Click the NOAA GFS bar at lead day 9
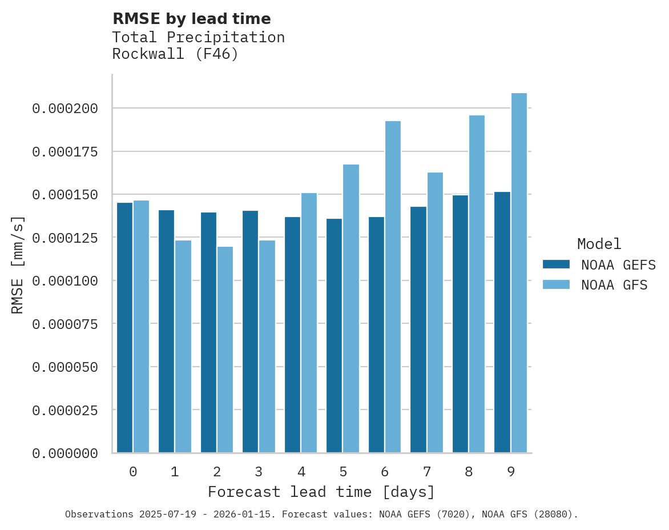[519, 272]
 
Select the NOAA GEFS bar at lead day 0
[124, 327]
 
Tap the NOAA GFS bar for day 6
[393, 287]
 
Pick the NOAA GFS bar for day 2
[225, 350]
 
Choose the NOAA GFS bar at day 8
[477, 284]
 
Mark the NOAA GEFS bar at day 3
[250, 331]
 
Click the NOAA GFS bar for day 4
[309, 323]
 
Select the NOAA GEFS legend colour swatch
[556, 264]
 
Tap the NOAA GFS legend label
[614, 284]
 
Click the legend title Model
[599, 244]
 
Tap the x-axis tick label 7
[426, 472]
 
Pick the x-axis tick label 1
[175, 472]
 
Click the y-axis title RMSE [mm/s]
[18, 264]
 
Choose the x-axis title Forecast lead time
[321, 492]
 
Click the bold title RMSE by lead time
[191, 19]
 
